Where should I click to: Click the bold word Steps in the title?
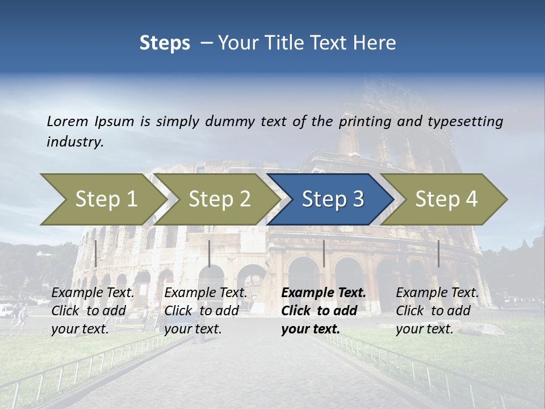pos(165,43)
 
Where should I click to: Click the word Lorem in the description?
pos(68,121)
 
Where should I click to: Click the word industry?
pos(75,141)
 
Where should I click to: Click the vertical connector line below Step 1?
pos(96,253)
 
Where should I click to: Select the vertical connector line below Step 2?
pos(209,253)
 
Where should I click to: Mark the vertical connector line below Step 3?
pos(324,253)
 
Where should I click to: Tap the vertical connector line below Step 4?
pos(438,253)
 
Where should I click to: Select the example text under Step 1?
pos(93,311)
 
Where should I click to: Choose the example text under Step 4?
pos(437,311)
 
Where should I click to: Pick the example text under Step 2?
pos(206,311)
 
